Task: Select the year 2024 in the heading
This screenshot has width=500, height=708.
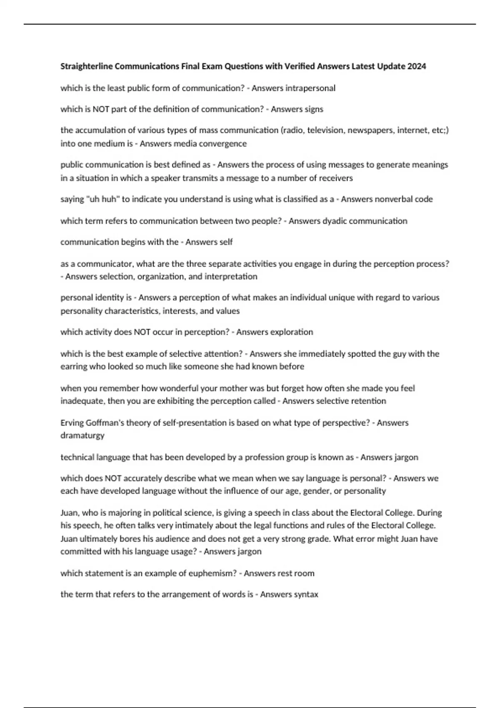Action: coord(417,66)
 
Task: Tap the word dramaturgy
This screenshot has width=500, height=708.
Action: coord(82,435)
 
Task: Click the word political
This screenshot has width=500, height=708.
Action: coord(167,512)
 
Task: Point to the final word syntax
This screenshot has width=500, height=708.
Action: coord(306,594)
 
